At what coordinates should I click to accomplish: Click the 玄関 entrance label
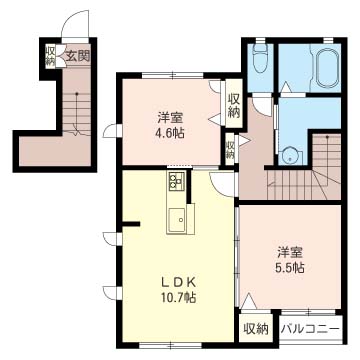point(77,56)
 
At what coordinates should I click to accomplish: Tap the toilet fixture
point(259,57)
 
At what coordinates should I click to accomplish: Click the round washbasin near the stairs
point(290,156)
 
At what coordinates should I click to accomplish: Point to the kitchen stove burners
point(176,181)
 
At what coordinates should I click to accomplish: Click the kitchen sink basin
point(178,219)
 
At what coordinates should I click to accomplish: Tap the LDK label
point(178,283)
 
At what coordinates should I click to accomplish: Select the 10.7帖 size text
point(178,297)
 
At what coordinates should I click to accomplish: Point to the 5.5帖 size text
point(290,267)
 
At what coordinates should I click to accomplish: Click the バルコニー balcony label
point(310,330)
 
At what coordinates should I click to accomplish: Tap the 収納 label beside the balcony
point(256,330)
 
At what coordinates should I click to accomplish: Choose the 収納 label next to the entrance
point(50,56)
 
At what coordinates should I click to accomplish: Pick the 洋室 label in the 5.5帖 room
point(290,253)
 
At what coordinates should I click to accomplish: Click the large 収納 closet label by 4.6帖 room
point(234,105)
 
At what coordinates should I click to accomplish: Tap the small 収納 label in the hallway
point(230,150)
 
